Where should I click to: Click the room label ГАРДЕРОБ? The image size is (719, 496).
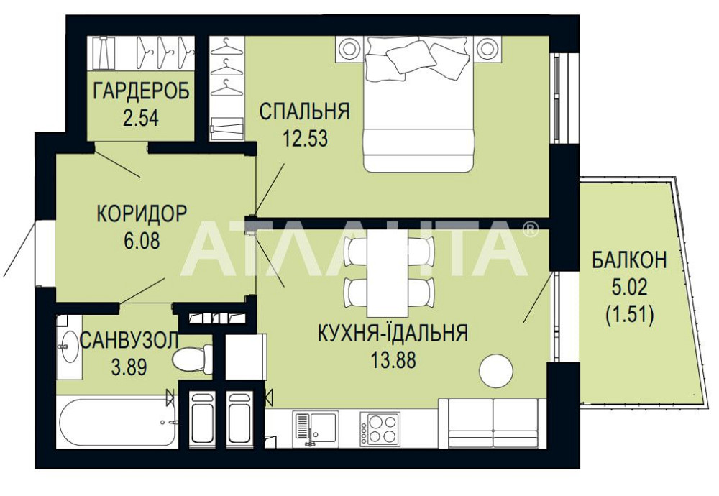click(x=141, y=91)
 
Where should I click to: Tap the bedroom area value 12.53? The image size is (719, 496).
click(x=305, y=137)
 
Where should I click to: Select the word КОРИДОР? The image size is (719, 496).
click(x=142, y=213)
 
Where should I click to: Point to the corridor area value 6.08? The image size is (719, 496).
click(x=141, y=239)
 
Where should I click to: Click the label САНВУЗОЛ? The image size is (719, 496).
click(x=128, y=341)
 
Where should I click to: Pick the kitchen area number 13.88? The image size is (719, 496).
click(x=392, y=359)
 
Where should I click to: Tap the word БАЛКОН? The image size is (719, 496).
click(x=629, y=261)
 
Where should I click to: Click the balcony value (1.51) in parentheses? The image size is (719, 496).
click(x=629, y=315)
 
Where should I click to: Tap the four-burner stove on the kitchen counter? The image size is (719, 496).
click(x=380, y=428)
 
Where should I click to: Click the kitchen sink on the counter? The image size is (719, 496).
click(x=315, y=427)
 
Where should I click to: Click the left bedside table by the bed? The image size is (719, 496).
click(x=349, y=50)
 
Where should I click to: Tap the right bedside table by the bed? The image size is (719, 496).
click(x=488, y=49)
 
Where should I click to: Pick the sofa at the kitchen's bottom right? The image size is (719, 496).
click(x=493, y=423)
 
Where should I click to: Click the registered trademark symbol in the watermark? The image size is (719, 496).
click(x=530, y=229)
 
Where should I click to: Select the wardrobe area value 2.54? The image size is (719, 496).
click(x=141, y=116)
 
